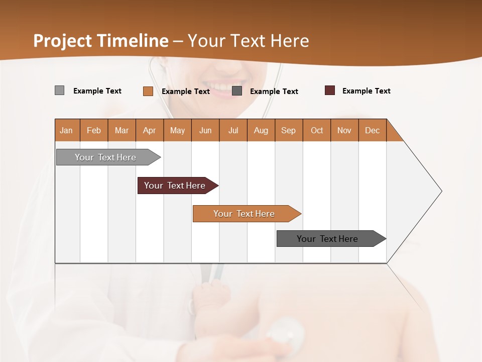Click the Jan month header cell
(67, 130)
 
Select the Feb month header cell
(94, 130)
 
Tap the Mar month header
(122, 130)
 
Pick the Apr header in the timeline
(150, 130)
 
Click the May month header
(177, 130)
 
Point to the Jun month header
(205, 130)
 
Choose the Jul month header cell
(233, 130)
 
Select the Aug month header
(261, 130)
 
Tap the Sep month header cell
(289, 130)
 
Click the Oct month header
(317, 130)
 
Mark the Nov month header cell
(344, 130)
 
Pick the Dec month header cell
(373, 130)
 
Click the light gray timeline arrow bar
(106, 157)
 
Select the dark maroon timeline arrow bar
(175, 186)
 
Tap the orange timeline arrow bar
(245, 214)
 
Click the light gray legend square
(59, 90)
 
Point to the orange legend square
(148, 91)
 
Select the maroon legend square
(329, 90)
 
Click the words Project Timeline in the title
(101, 41)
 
